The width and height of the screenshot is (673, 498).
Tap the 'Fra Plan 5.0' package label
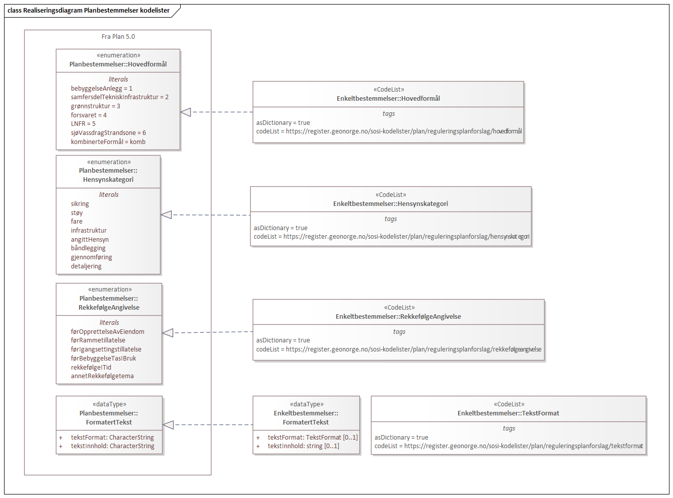pos(118,37)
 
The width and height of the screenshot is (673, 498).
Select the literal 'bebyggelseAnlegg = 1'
pos(101,89)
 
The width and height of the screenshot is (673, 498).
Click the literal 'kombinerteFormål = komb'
pos(108,142)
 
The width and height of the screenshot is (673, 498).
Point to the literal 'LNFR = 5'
pos(83,124)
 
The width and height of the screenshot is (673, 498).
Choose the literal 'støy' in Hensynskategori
pos(77,213)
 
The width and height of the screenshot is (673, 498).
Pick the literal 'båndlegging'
pos(88,248)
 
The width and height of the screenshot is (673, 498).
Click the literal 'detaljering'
pos(86,266)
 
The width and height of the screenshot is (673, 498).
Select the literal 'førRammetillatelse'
pos(98,340)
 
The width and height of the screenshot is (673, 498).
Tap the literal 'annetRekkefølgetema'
pos(102,376)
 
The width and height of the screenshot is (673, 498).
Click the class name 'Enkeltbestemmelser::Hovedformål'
pos(388,99)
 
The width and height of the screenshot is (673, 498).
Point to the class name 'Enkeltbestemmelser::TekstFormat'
pos(508,413)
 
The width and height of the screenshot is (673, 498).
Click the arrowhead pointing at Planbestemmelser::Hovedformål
pos(186,112)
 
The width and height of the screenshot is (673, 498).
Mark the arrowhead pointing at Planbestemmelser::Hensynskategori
pos(167,215)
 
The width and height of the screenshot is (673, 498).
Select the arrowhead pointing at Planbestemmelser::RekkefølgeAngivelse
pos(168,333)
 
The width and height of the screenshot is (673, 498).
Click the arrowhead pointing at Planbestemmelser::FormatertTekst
pos(169,425)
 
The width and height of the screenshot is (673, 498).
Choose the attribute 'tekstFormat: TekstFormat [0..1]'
pos(312,438)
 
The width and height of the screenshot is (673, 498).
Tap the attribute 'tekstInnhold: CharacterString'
pos(112,446)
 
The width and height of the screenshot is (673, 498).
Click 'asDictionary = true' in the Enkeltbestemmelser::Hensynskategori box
pos(280,228)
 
